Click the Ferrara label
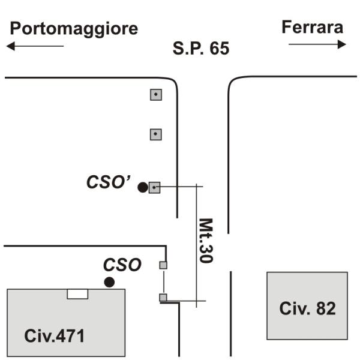click(313, 27)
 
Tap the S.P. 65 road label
click(201, 48)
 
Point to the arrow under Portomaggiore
click(35, 46)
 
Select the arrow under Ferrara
click(317, 44)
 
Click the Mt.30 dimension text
click(206, 241)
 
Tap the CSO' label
click(109, 182)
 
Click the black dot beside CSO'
click(143, 187)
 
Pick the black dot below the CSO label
click(109, 282)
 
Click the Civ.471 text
click(55, 336)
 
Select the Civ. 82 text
click(307, 308)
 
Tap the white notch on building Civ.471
click(77, 294)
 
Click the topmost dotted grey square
click(156, 95)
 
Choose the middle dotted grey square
click(156, 134)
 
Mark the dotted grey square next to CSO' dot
click(155, 188)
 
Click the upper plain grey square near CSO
click(163, 265)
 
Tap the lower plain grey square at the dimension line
click(163, 298)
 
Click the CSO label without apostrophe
click(122, 265)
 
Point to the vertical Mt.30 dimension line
click(196, 245)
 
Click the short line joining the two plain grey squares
click(164, 281)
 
